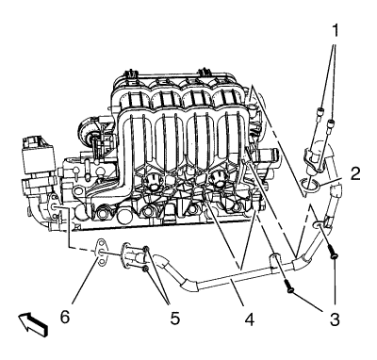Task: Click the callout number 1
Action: click(x=336, y=31)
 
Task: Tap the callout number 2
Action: click(x=355, y=173)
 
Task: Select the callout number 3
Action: click(x=335, y=319)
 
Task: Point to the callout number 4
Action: click(x=250, y=319)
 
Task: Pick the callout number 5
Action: click(x=174, y=319)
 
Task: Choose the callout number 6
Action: click(x=65, y=318)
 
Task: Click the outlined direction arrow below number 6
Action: click(x=33, y=325)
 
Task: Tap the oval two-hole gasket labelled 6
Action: click(x=101, y=252)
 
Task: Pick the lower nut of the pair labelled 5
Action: click(x=145, y=269)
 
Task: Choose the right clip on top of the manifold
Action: click(x=205, y=72)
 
